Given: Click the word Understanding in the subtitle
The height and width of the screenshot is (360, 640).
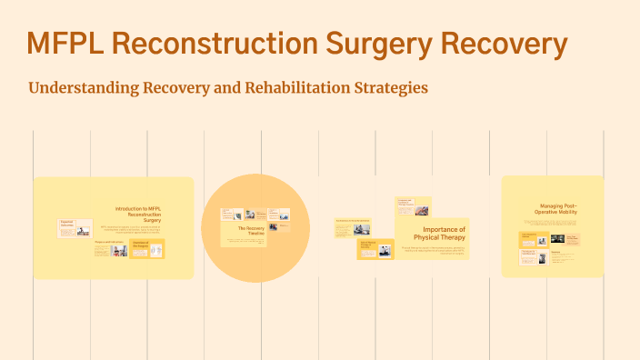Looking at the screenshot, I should point(83,88).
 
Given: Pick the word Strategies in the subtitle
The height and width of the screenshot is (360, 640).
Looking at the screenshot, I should point(393,88).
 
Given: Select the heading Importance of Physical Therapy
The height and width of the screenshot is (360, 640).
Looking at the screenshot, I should point(445,234).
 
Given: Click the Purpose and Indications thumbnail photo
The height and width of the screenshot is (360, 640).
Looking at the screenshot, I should point(119,250).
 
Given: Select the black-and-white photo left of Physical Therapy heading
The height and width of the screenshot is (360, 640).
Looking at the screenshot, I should point(385,250).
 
